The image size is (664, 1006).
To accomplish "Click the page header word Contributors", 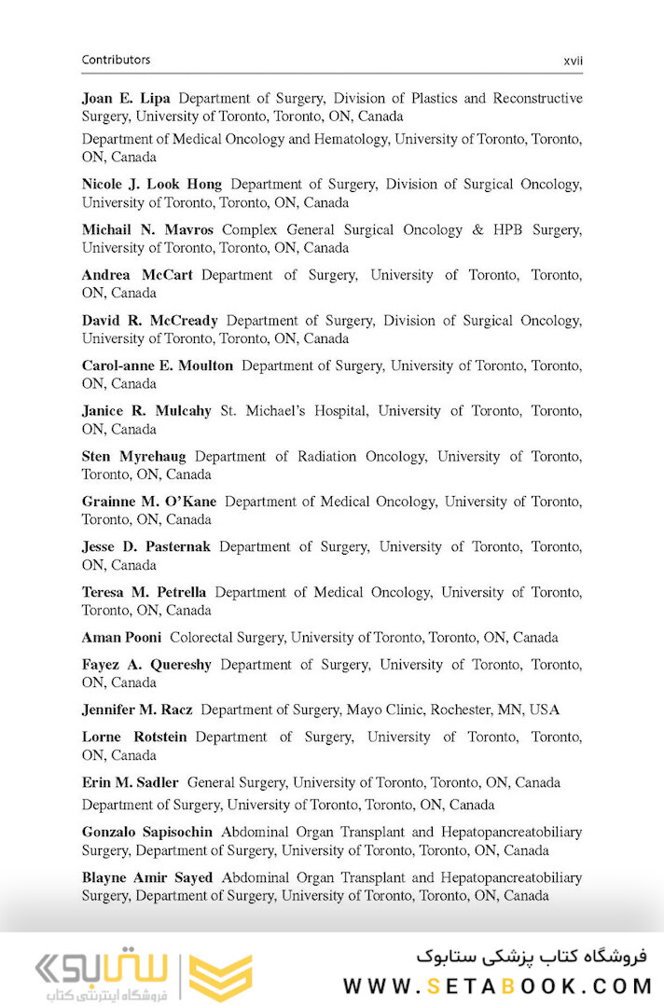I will coord(116,60).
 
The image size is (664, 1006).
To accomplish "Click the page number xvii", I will coord(573,61).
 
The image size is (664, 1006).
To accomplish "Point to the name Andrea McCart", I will coord(137,275).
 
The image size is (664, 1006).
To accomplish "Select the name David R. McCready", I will coord(149,321).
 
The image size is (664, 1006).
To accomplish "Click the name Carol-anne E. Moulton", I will coord(158,365).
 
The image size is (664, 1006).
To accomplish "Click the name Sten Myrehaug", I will coord(133,457).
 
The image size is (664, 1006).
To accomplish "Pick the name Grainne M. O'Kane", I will coord(149,502).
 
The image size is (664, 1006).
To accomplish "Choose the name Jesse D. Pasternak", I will coord(146,547).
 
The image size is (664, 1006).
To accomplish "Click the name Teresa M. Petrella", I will coord(144,592).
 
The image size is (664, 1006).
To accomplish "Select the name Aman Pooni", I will coord(121,638).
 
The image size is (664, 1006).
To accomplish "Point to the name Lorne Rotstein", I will coord(134,737).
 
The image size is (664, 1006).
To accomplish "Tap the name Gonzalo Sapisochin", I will coord(147,832).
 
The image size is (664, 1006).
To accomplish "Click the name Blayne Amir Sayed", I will coord(147,877).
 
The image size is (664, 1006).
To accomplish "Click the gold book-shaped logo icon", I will coord(221,976).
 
